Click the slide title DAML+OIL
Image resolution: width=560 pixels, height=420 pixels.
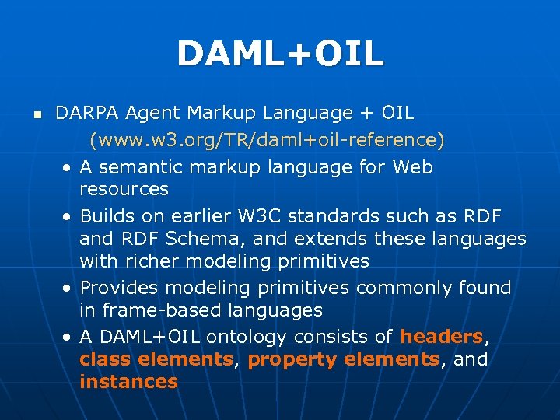(280, 54)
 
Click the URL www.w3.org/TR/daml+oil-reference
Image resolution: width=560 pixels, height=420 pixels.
(267, 141)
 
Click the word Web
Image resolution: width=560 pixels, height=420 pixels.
(413, 167)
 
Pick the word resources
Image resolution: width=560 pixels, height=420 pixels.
(124, 189)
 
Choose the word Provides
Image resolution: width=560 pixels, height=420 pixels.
(120, 288)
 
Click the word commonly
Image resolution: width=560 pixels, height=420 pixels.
(404, 288)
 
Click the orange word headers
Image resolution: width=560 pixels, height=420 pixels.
(441, 337)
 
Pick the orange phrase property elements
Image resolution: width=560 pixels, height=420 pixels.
(343, 359)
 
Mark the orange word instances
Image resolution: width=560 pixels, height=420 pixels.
(128, 382)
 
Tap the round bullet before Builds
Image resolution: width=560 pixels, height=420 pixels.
(68, 217)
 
